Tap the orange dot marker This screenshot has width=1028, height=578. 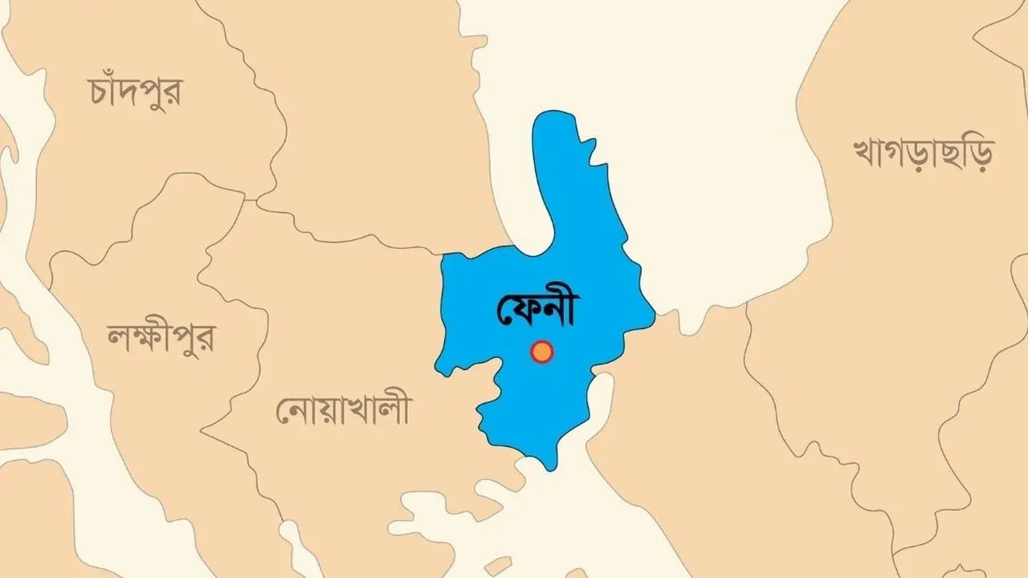(543, 352)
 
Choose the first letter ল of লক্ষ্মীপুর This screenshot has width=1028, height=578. (117, 338)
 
